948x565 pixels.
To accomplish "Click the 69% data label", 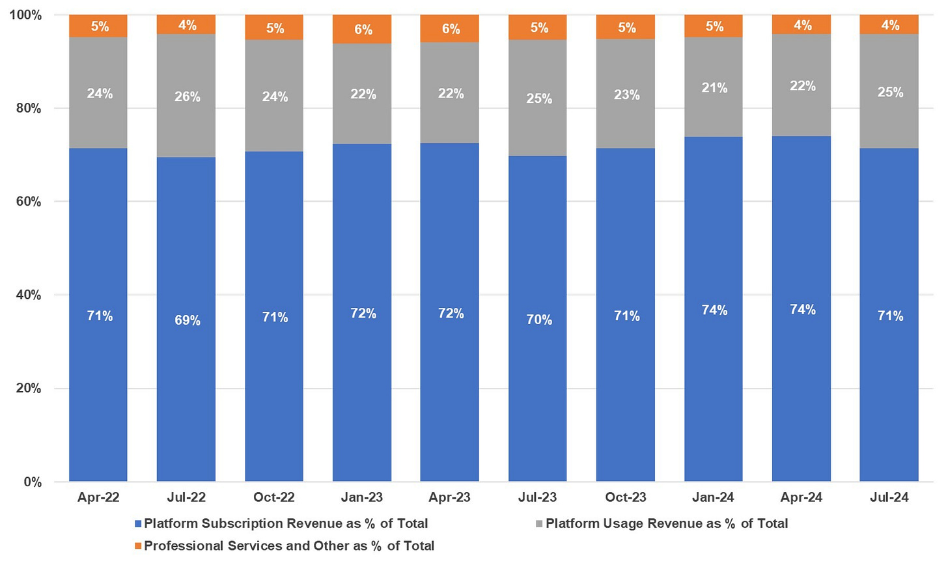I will [x=188, y=320].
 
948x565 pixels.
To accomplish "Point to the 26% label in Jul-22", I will [x=188, y=97].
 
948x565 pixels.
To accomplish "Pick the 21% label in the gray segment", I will [x=714, y=88].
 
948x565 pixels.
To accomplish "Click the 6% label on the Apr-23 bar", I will [x=451, y=29].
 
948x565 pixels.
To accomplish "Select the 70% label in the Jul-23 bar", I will [x=539, y=320].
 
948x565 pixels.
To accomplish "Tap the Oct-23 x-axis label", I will [x=626, y=497].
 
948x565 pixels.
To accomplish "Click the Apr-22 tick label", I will [x=98, y=497].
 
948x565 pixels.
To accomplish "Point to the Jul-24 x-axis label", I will [x=889, y=497].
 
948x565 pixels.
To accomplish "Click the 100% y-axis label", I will [x=25, y=15].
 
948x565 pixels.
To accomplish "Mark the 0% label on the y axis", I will [x=33, y=482].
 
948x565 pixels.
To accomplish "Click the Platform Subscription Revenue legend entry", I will [x=286, y=523].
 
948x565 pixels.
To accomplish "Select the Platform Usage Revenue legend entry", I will [x=666, y=523].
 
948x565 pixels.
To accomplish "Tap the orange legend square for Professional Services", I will [x=138, y=545].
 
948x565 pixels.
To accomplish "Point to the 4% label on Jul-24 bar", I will [x=890, y=25].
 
